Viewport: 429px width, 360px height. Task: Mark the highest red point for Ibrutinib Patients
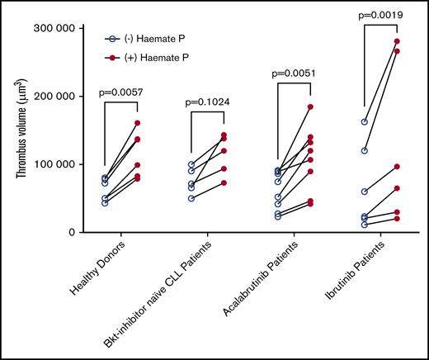pyautogui.click(x=398, y=41)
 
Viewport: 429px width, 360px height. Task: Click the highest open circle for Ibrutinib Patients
pyautogui.click(x=364, y=122)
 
